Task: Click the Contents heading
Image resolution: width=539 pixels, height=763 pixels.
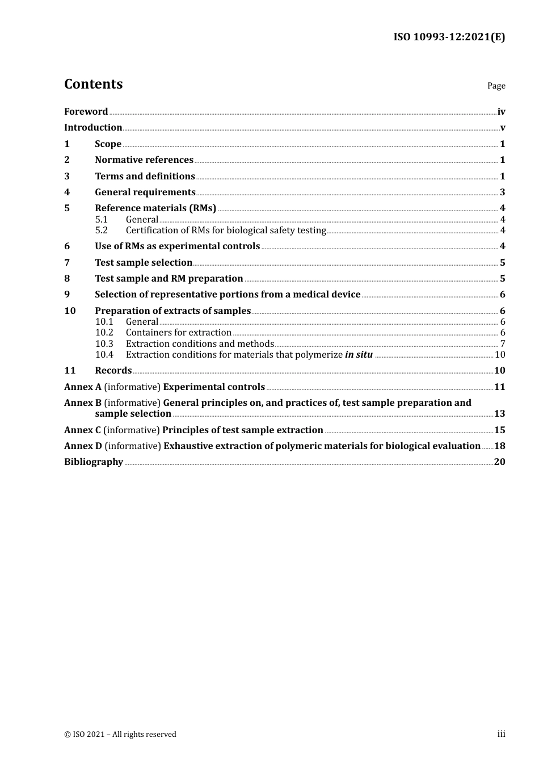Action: pos(93,84)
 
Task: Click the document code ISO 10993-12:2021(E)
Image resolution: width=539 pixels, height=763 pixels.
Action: pos(449,37)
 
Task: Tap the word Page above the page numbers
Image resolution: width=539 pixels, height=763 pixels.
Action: pos(496,86)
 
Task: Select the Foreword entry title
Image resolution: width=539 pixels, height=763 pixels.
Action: pos(86,112)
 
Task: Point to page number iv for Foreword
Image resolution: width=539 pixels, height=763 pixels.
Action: pos(501,112)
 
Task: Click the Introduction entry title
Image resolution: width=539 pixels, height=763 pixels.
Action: pos(93,128)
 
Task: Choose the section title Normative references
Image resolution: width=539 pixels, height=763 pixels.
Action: pos(144,160)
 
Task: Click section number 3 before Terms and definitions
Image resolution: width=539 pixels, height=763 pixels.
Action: pos(67,177)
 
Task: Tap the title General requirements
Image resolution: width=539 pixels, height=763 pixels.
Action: pos(145,192)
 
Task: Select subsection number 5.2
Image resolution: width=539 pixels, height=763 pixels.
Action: pos(102,230)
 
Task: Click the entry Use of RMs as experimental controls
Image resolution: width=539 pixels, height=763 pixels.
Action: pos(177,246)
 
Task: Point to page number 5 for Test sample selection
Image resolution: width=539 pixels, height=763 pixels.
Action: pos(502,263)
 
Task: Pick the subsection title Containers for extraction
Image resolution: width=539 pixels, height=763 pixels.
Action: pos(179,333)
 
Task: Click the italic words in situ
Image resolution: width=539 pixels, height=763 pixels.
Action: pos(359,355)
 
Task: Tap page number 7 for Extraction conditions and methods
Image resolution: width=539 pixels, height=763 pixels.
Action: pos(502,344)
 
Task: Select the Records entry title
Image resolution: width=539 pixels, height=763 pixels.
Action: pos(113,371)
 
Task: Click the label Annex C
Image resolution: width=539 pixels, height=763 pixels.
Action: pos(83,430)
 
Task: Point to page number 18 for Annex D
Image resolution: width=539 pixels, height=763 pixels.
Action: pos(499,446)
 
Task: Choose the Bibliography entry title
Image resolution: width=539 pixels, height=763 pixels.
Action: pos(94,462)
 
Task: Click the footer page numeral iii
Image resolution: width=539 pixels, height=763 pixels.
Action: pos(501,734)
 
